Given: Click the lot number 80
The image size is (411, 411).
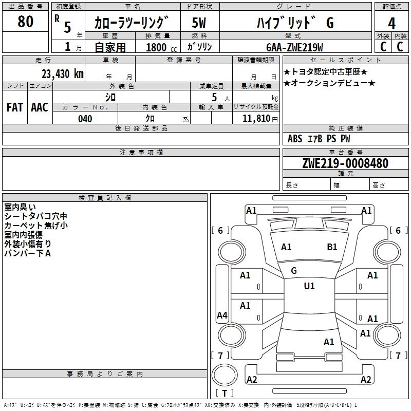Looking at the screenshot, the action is pos(25,22).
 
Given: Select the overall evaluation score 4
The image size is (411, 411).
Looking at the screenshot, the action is pos(391,23).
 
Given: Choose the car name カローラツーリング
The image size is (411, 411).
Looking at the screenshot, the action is pos(132,23).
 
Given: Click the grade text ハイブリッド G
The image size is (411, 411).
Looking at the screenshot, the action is pos(295,23).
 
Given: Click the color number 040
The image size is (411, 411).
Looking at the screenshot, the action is pos(85,119).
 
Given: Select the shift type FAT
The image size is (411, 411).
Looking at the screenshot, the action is pos(14,107).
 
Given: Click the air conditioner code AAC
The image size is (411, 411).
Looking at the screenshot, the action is pos(40,107).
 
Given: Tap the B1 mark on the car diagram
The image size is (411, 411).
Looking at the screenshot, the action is pos(332,247).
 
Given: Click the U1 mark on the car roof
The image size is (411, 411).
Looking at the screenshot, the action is pos(309,286).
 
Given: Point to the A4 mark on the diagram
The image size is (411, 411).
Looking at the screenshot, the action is pos(222,315).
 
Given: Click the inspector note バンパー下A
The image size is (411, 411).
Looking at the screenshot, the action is pos(27,253).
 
